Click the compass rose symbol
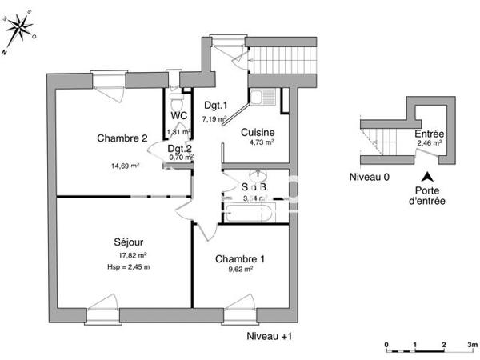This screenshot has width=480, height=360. point(21,30)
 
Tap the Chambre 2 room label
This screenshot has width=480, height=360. point(122,138)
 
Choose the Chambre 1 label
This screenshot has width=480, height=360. point(240,258)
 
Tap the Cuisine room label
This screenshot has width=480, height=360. point(259,133)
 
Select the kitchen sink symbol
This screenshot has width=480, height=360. point(262,98)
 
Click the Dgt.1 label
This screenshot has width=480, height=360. point(216,106)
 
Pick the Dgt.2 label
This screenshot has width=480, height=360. point(180,148)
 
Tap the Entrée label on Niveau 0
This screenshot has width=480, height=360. point(430,134)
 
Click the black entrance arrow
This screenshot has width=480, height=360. point(428,177)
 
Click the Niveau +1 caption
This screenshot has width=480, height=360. point(268,336)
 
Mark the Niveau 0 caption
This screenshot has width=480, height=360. point(369,177)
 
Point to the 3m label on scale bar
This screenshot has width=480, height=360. point(472,346)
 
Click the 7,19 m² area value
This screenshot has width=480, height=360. point(214,118)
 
